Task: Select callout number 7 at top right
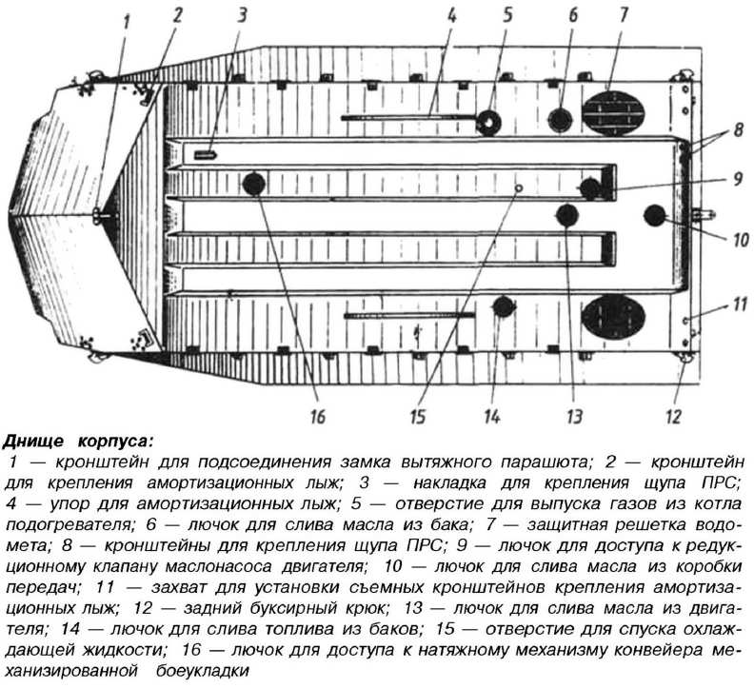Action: (x=624, y=15)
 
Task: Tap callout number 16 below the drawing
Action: (x=318, y=417)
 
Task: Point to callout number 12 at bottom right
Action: (x=674, y=417)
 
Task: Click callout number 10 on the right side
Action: (x=741, y=240)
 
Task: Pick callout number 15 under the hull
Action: (x=417, y=417)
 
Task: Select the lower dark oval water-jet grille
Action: (x=613, y=316)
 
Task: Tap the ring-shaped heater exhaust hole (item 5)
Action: (x=488, y=122)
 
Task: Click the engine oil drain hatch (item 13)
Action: (x=567, y=215)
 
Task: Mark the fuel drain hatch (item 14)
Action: (x=504, y=306)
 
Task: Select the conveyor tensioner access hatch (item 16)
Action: (x=254, y=185)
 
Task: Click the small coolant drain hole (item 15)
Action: (x=518, y=187)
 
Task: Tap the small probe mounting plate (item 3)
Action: (x=206, y=155)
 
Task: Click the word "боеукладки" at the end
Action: (x=203, y=670)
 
